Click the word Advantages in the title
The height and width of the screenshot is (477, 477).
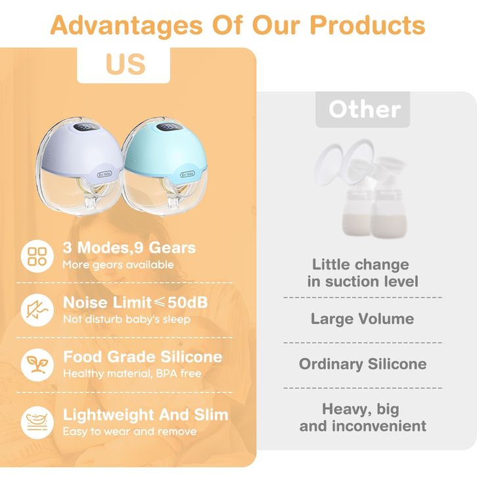[126, 25]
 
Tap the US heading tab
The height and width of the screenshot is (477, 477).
[124, 65]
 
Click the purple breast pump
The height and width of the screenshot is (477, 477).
[80, 166]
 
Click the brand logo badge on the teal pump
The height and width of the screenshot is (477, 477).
[187, 175]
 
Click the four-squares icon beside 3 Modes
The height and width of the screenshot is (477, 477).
[37, 256]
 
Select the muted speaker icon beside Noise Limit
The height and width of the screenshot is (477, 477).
[37, 310]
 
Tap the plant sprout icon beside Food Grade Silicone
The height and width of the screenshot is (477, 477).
[37, 365]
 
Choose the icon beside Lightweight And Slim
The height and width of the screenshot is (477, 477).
[37, 422]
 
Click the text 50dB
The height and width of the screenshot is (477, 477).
[188, 302]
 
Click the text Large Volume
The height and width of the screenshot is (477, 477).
[362, 319]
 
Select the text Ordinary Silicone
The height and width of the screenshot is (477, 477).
[363, 364]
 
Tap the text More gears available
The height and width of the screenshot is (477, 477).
[118, 265]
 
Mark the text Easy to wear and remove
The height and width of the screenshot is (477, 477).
[130, 432]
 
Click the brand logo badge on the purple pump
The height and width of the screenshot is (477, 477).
[104, 174]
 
